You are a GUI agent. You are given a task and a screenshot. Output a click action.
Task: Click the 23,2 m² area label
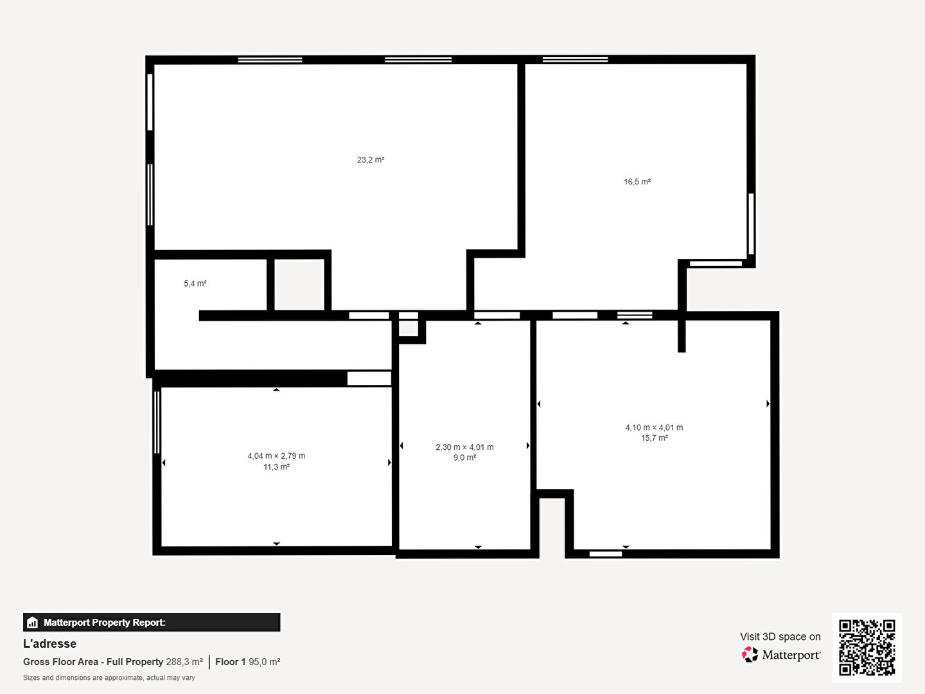[371, 160]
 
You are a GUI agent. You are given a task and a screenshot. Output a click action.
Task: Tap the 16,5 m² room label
[637, 182]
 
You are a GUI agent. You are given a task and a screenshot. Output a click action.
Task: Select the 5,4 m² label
[195, 283]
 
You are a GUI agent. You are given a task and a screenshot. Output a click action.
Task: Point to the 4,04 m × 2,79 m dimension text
[276, 456]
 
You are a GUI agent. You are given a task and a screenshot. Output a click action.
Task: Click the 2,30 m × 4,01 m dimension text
[464, 447]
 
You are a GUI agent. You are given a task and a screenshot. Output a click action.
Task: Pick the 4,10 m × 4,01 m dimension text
[654, 427]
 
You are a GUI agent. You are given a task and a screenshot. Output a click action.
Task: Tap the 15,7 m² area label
[655, 438]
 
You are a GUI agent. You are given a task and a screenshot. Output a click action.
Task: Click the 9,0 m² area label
[465, 458]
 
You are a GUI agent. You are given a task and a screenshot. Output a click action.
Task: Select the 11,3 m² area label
[276, 467]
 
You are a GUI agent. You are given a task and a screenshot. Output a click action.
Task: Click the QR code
[867, 647]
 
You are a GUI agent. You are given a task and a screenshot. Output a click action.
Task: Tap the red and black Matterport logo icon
[750, 654]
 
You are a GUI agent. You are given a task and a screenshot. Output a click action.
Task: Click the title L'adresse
[49, 643]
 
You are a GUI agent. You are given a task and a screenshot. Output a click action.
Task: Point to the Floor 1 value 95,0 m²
[264, 662]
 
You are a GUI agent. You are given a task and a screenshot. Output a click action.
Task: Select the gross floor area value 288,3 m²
[184, 662]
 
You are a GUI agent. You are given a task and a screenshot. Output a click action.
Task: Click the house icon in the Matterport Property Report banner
[33, 623]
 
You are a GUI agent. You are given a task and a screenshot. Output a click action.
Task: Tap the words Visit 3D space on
[780, 637]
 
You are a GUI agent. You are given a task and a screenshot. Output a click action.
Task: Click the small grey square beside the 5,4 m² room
[299, 285]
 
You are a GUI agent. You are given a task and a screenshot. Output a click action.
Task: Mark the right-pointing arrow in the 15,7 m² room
[768, 404]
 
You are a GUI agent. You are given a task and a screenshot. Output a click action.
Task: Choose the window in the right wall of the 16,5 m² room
[751, 224]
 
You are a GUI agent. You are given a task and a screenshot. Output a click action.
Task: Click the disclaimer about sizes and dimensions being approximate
[109, 677]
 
